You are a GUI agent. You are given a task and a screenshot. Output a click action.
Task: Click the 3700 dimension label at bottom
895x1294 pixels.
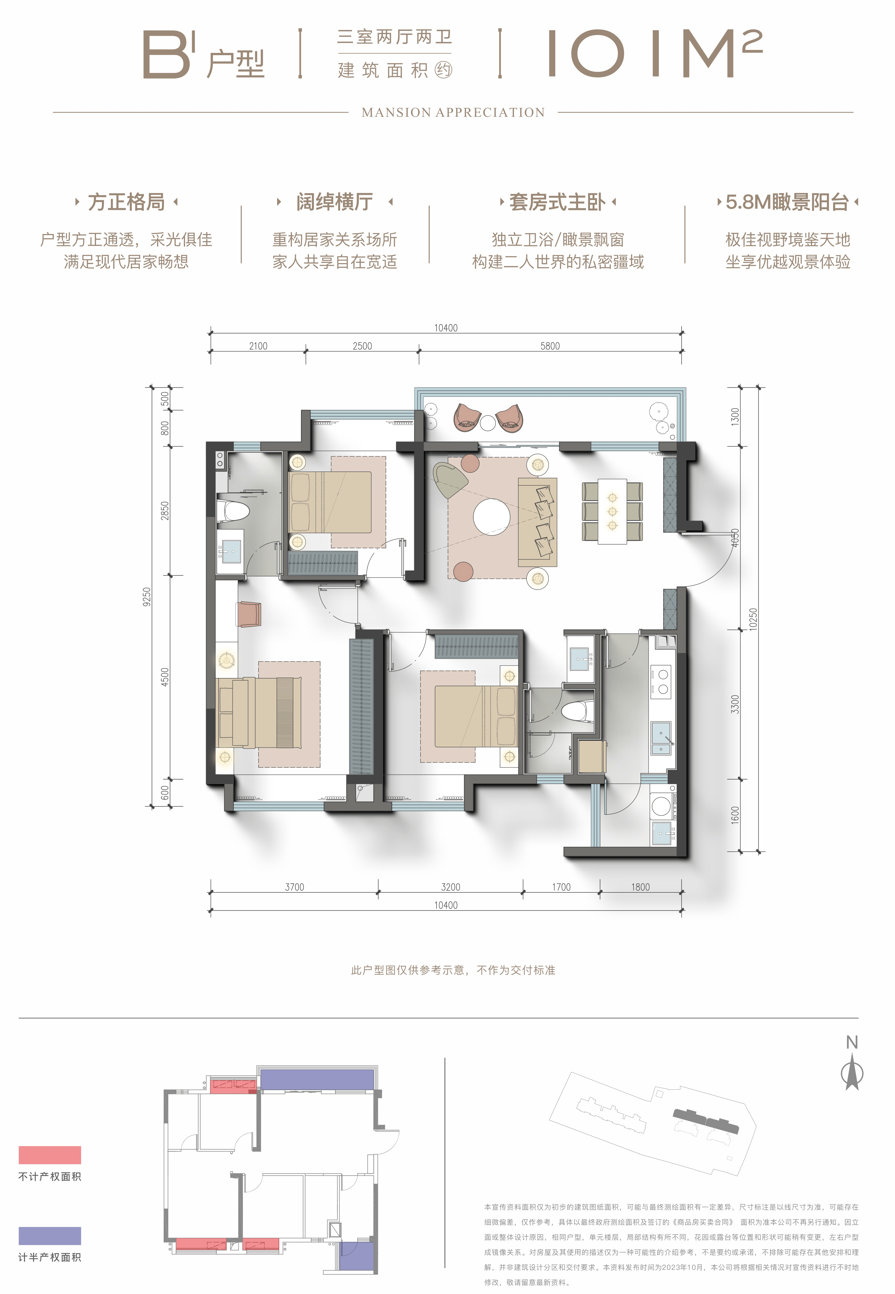294,887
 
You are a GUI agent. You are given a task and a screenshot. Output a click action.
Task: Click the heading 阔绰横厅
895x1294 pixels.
335,202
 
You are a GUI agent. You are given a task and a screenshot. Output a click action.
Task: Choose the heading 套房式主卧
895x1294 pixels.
557,202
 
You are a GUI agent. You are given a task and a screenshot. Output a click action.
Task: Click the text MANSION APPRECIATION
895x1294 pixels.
453,113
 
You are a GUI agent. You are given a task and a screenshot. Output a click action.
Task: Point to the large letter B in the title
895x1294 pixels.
166,54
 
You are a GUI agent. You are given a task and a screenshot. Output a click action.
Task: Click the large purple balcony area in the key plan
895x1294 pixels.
317,1079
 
